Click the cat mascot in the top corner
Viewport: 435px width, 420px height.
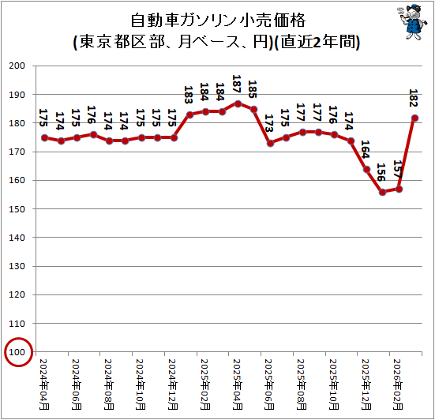[x=410, y=22]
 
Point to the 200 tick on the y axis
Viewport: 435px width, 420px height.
[x=17, y=66]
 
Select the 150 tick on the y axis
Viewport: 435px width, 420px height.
[x=17, y=209]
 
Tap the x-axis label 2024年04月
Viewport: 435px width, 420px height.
[x=44, y=384]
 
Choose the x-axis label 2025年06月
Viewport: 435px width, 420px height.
[x=269, y=384]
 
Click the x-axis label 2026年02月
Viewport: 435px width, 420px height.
[x=398, y=384]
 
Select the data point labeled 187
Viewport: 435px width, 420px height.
[x=238, y=103]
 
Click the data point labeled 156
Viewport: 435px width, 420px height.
[x=382, y=193]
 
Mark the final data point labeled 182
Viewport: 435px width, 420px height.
[x=414, y=118]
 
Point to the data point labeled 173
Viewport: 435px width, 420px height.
[x=270, y=144]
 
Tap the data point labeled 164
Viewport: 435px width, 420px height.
[x=366, y=170]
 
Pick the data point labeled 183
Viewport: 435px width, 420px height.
[x=189, y=114]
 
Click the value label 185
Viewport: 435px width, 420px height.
[x=253, y=89]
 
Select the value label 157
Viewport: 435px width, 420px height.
[x=398, y=169]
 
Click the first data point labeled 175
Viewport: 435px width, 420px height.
[x=44, y=138]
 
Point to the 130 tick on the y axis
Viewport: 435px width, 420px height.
[x=17, y=266]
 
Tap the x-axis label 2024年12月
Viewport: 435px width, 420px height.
[x=173, y=384]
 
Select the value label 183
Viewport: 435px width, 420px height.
[x=189, y=95]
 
